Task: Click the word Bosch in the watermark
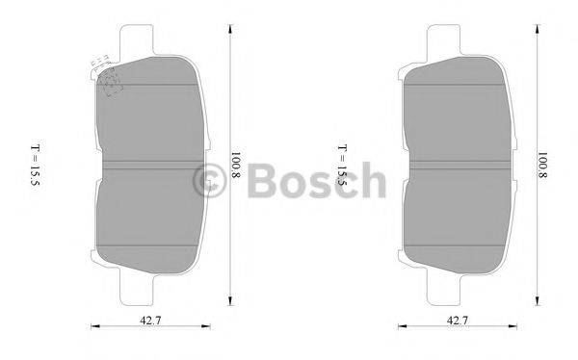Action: click(318, 180)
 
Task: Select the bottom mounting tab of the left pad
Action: click(138, 285)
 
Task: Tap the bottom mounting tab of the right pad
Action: click(445, 285)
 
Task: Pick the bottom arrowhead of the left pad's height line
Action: click(229, 301)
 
